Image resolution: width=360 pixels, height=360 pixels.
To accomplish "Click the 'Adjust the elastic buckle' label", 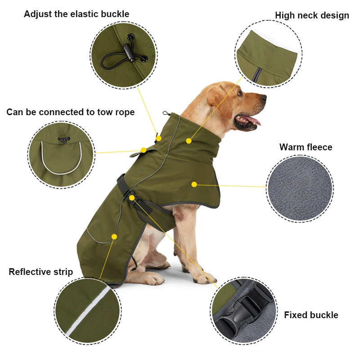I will [76, 14].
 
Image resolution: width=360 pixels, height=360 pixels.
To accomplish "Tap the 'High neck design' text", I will [312, 15].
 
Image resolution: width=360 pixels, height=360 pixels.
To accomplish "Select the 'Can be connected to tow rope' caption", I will [70, 112].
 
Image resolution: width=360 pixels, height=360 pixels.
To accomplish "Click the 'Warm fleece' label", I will [306, 147].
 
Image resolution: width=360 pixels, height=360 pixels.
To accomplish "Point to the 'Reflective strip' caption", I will [40, 272].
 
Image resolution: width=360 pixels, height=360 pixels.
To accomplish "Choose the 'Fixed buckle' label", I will [311, 315].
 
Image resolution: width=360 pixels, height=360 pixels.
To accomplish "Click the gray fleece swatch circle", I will [300, 189].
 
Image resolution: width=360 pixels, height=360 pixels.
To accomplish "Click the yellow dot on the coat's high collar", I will [189, 141].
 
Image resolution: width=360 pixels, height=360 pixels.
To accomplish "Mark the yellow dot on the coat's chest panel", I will [194, 184].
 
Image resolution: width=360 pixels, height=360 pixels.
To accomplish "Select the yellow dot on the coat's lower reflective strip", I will [114, 237].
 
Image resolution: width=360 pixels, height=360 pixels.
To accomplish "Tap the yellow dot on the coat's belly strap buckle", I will [131, 198].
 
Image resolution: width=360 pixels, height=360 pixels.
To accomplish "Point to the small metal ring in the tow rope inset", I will [63, 139].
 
